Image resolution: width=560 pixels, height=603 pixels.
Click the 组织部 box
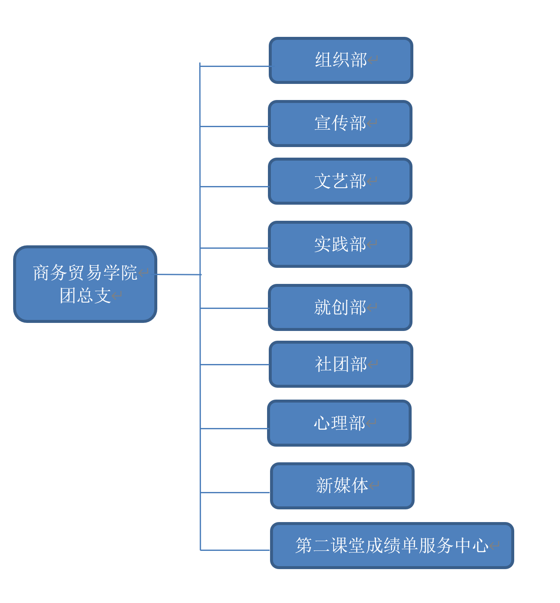coord(340,60)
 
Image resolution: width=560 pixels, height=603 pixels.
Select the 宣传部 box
coord(340,123)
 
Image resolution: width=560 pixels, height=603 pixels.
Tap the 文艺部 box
coord(340,181)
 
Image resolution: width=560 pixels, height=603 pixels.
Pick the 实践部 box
coord(340,244)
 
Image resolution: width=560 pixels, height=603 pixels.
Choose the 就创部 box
coord(340,307)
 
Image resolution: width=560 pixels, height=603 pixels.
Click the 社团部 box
coord(340,364)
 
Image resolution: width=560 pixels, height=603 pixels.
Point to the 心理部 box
coord(340,423)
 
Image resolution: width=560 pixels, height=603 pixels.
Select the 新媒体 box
coord(342,486)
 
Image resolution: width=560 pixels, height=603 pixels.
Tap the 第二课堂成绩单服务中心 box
coord(392,545)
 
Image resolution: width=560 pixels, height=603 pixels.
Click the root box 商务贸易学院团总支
coord(85,284)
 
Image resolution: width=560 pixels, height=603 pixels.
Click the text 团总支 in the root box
coord(85,295)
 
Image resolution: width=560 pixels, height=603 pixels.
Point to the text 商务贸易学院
coord(85,272)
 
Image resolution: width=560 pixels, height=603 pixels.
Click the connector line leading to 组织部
coord(235,66)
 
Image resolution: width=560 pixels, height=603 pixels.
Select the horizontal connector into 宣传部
coord(234,126)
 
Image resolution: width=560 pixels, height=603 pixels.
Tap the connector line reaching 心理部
coord(234,428)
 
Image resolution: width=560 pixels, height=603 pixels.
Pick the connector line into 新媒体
coord(235,492)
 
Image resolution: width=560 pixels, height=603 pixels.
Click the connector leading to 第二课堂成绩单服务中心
coord(235,550)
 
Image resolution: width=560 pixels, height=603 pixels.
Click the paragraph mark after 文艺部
coord(372,181)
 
